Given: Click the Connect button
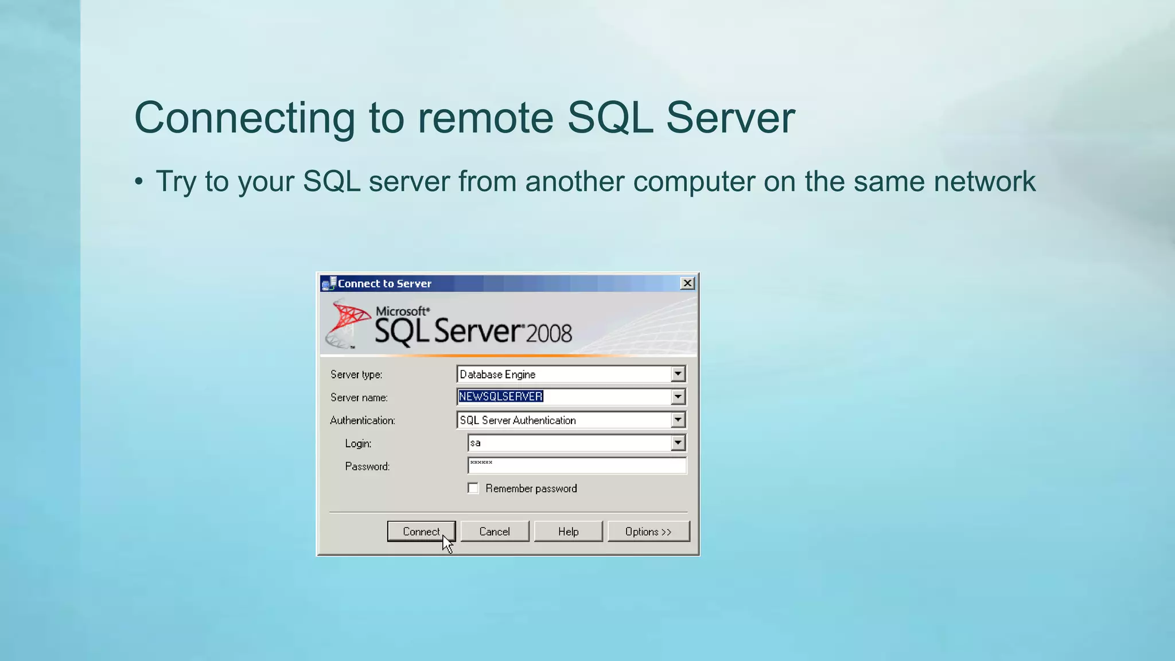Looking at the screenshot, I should [421, 531].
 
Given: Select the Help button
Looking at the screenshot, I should [568, 531].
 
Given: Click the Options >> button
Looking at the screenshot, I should [648, 531].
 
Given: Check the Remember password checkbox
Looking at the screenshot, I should [473, 488].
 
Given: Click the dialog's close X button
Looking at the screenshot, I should [687, 283].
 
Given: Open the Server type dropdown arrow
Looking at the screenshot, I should [678, 374].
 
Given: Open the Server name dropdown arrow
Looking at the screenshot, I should [678, 396].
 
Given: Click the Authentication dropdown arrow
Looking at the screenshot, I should [678, 420].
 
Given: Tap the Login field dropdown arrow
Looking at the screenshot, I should [678, 443].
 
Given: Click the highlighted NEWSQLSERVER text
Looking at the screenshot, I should [500, 396].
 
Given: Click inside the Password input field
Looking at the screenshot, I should [577, 465].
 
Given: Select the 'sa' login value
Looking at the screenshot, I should [475, 443].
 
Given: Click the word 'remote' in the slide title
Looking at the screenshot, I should [485, 118].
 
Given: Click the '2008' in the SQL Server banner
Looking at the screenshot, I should [549, 333].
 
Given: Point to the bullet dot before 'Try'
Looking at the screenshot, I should [139, 182].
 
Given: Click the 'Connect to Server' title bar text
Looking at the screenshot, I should [384, 283].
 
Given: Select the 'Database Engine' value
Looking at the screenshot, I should [497, 374].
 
